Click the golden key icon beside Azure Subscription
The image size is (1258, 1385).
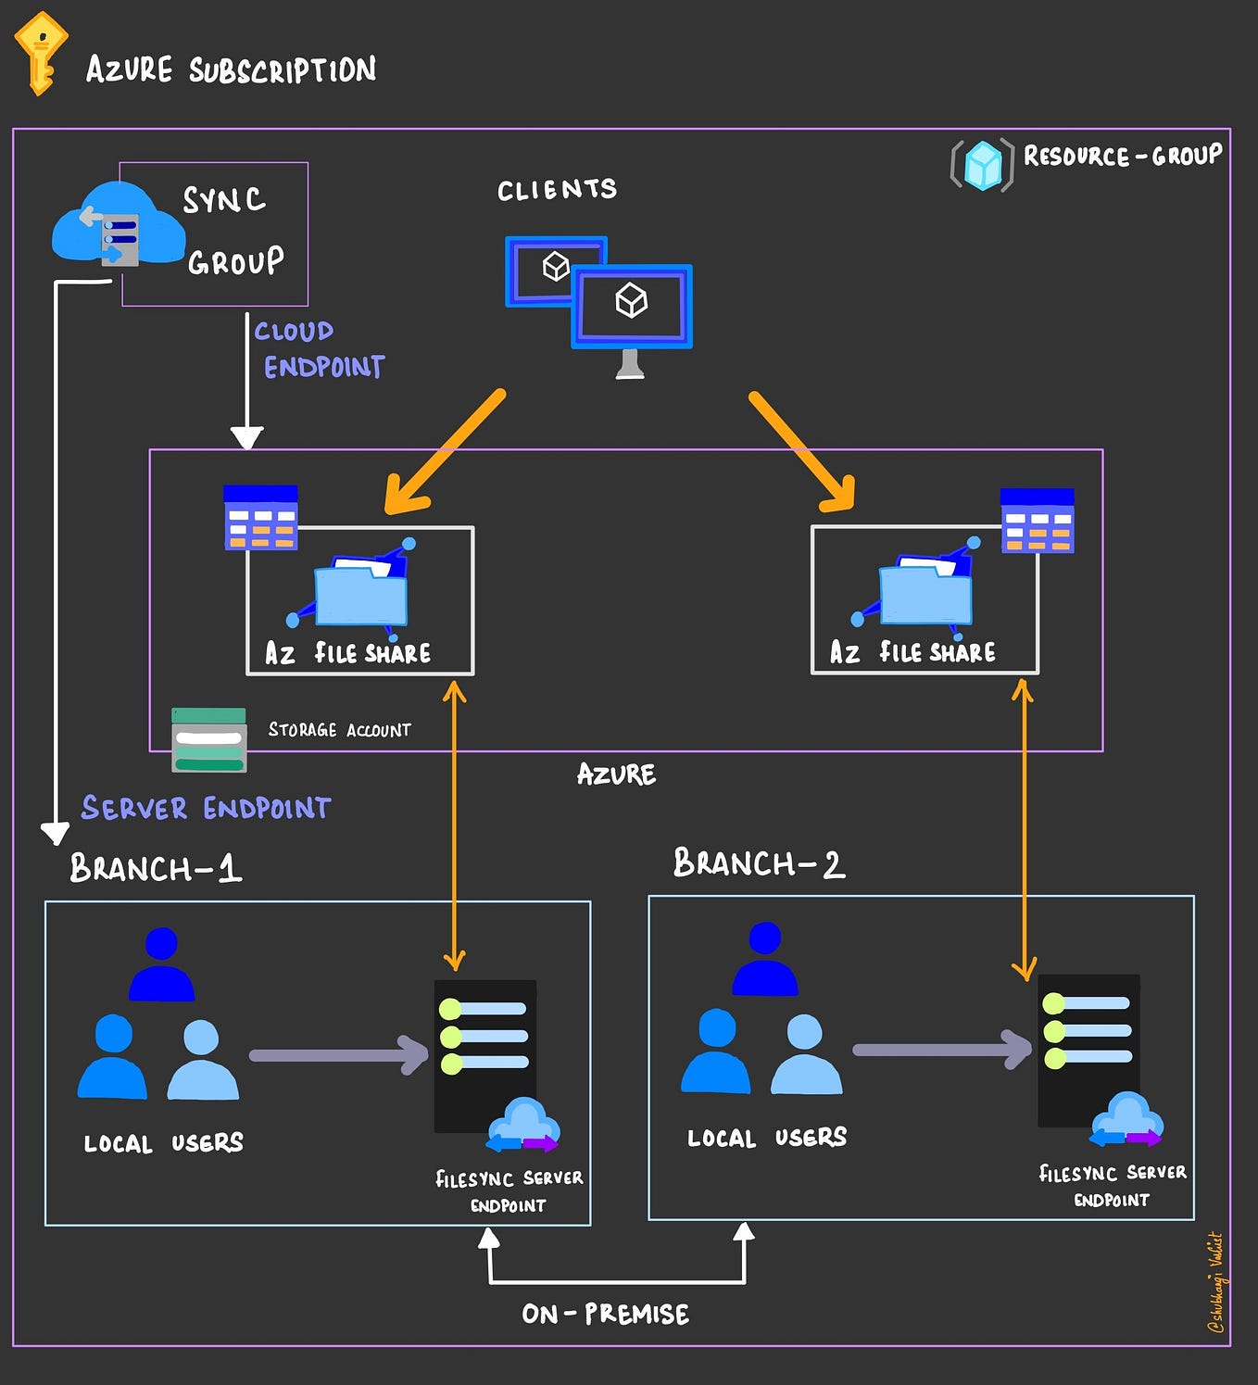tap(40, 53)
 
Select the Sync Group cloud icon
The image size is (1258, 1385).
tap(117, 224)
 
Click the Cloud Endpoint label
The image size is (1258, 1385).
tap(319, 349)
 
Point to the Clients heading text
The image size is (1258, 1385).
tap(557, 190)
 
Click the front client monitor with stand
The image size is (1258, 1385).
tap(632, 310)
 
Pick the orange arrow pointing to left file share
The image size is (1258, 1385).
tap(444, 453)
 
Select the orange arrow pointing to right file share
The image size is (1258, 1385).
tap(802, 452)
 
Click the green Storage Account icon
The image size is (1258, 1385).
tap(209, 740)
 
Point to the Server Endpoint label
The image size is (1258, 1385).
tap(206, 808)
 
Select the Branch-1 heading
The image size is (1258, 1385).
tap(156, 868)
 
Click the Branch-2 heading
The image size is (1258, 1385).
tap(759, 863)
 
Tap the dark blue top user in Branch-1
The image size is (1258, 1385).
tap(161, 965)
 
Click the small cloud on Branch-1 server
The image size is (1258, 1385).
tap(524, 1124)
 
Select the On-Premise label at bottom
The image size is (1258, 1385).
tap(605, 1314)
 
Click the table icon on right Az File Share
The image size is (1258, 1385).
tap(1038, 522)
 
